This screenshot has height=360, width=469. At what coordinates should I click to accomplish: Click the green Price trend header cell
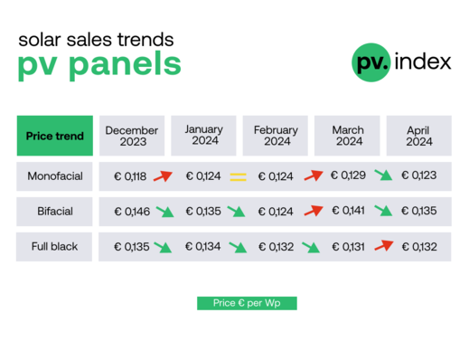point(55,136)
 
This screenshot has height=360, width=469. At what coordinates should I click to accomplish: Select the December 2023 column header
point(132,136)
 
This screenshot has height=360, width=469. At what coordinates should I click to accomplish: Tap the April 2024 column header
point(419,136)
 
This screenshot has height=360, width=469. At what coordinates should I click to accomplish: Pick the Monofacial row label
point(55,176)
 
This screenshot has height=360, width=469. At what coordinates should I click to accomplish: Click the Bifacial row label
point(55,212)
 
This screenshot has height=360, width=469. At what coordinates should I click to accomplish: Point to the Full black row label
point(55,246)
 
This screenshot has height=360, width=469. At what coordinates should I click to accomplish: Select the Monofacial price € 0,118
point(131,176)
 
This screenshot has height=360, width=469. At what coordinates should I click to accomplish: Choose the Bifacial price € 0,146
point(131,212)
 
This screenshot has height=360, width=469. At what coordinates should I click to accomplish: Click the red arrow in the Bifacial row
point(313,211)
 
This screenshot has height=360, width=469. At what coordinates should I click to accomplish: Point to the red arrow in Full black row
point(385,244)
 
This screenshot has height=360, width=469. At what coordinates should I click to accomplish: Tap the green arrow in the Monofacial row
point(384,175)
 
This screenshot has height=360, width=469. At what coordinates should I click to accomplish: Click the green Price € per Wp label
point(247,304)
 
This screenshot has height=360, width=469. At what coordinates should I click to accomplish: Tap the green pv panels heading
point(99,65)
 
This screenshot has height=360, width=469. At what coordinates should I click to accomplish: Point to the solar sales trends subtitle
point(96,40)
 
